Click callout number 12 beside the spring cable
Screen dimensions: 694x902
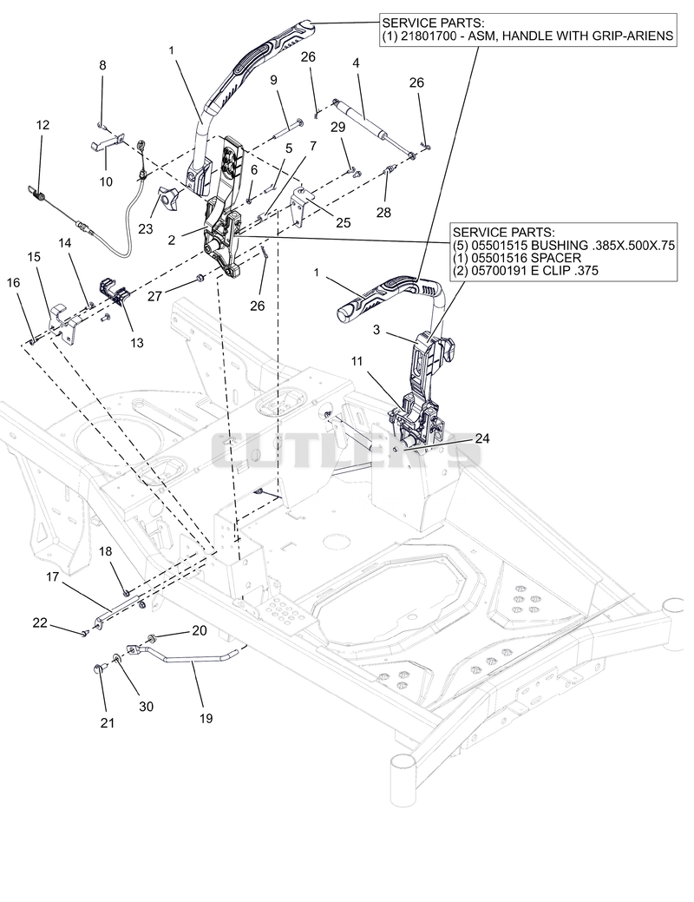point(43,125)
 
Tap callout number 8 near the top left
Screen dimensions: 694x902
point(102,65)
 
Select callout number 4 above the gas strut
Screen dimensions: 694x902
point(356,63)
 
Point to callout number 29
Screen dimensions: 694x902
point(338,127)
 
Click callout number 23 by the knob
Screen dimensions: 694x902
point(146,228)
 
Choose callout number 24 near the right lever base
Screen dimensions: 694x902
point(481,438)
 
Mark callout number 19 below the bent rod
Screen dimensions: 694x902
point(206,718)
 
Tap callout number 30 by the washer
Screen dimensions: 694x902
point(146,706)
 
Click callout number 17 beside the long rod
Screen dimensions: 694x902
point(52,576)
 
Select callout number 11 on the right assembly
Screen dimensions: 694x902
point(357,360)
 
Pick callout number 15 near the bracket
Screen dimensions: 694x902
point(34,257)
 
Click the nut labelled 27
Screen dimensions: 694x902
point(200,279)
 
